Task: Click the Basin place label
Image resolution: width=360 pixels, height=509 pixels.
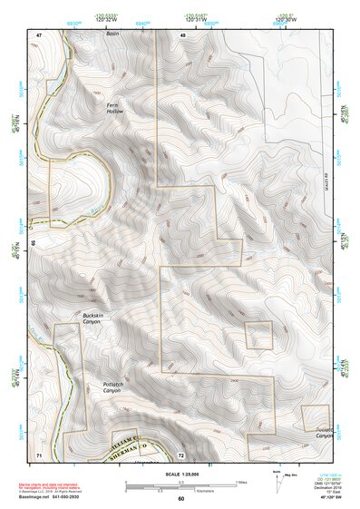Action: [x=112, y=34]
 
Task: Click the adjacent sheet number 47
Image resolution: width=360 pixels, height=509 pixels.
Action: [x=39, y=34]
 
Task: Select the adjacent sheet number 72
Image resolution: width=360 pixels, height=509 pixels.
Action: [x=181, y=453]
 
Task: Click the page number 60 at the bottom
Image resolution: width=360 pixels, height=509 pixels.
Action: [x=180, y=499]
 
